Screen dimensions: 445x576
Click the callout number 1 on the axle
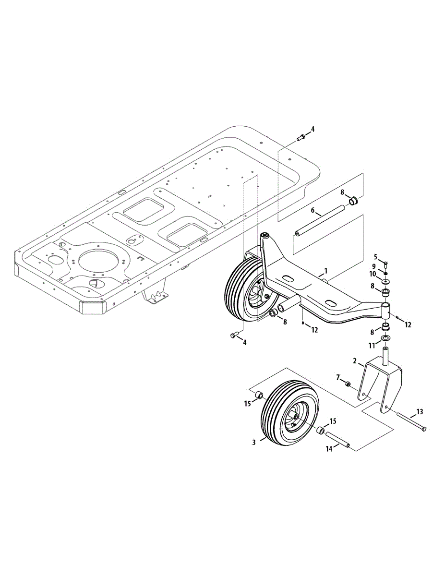pyautogui.click(x=326, y=271)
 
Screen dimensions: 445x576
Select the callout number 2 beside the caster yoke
pyautogui.click(x=354, y=360)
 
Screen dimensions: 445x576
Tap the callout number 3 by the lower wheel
pyautogui.click(x=254, y=442)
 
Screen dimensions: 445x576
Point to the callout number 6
pyautogui.click(x=313, y=210)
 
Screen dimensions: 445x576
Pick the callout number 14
pyautogui.click(x=329, y=449)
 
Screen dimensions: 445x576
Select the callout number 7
pyautogui.click(x=337, y=377)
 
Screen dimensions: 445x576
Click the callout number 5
pyautogui.click(x=376, y=257)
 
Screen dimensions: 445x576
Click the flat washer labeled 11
pyautogui.click(x=386, y=339)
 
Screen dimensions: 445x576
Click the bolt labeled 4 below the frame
pyautogui.click(x=235, y=335)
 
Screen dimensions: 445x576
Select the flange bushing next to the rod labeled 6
pyautogui.click(x=354, y=200)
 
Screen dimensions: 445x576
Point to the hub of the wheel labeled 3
pyautogui.click(x=296, y=417)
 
